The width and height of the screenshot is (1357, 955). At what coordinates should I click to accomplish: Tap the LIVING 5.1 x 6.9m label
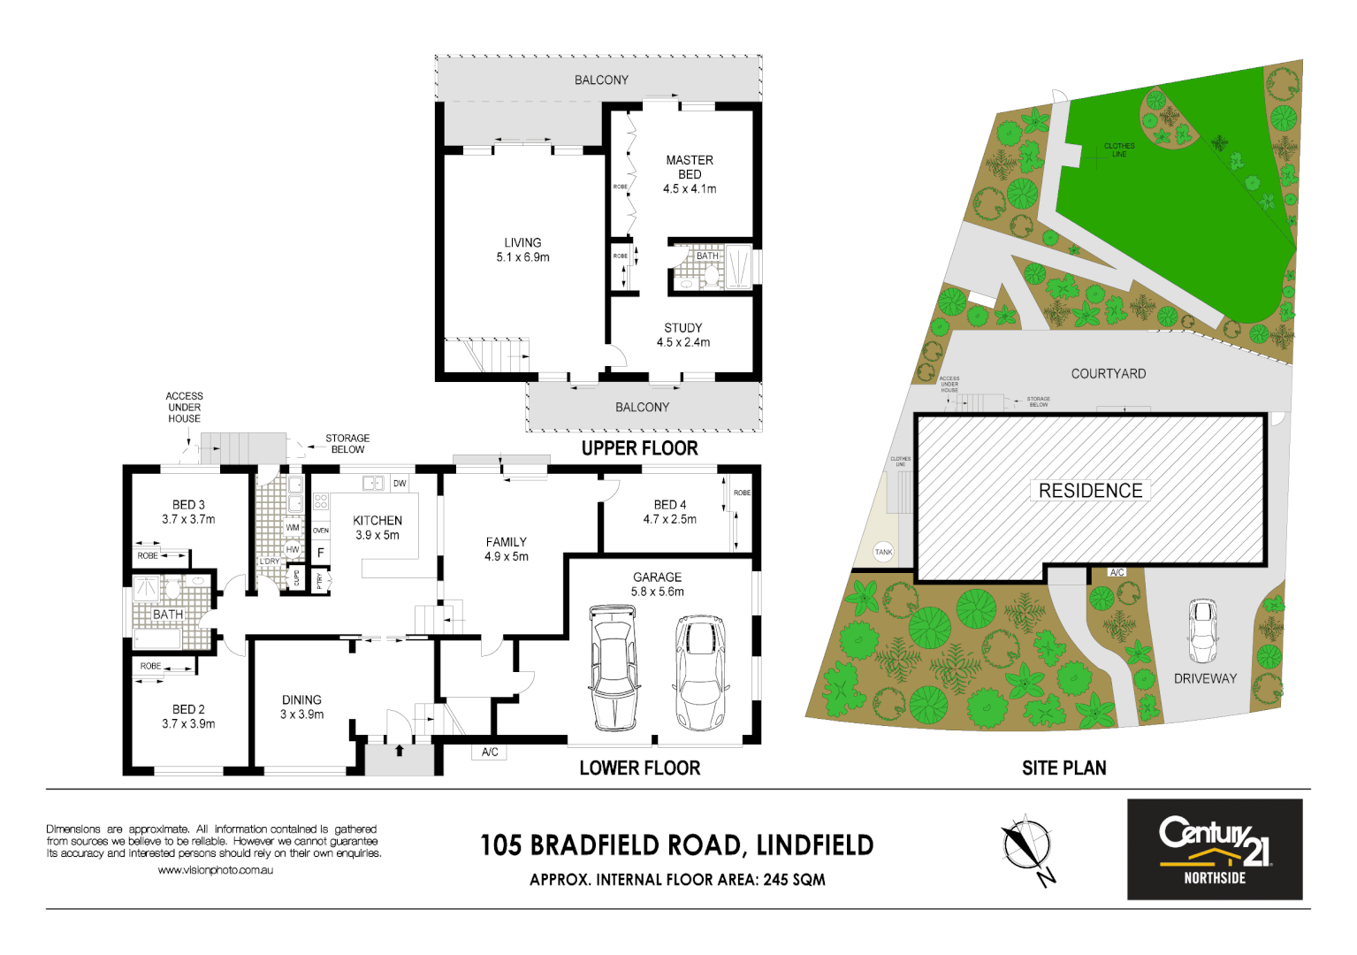point(522,249)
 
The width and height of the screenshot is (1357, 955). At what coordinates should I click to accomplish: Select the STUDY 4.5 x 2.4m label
point(682,334)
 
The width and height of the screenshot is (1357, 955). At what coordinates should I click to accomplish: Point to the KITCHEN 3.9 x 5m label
point(377,528)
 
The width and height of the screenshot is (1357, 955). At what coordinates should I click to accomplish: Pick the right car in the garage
point(699,672)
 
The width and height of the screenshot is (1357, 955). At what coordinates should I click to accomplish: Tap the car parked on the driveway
point(1202,630)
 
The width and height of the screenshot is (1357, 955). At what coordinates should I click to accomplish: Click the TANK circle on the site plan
point(883,552)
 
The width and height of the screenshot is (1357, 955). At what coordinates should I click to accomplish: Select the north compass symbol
point(1027,846)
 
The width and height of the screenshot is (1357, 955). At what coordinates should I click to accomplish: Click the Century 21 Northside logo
point(1214,850)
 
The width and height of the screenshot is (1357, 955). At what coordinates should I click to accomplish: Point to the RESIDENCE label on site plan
point(1090,491)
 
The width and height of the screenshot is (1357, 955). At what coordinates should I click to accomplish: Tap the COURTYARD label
point(1108,374)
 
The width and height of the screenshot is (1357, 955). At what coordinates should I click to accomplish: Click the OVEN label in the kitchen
point(321,531)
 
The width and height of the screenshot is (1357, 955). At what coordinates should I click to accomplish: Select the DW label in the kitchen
point(400,484)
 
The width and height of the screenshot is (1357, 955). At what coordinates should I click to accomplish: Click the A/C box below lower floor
point(490,753)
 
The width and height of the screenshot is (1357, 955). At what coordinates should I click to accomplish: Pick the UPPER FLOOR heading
point(639,448)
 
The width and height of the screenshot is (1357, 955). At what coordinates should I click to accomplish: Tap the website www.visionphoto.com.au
point(215,870)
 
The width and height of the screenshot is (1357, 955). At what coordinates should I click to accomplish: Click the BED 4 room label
point(669,512)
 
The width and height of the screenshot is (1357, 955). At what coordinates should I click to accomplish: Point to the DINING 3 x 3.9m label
point(301,707)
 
